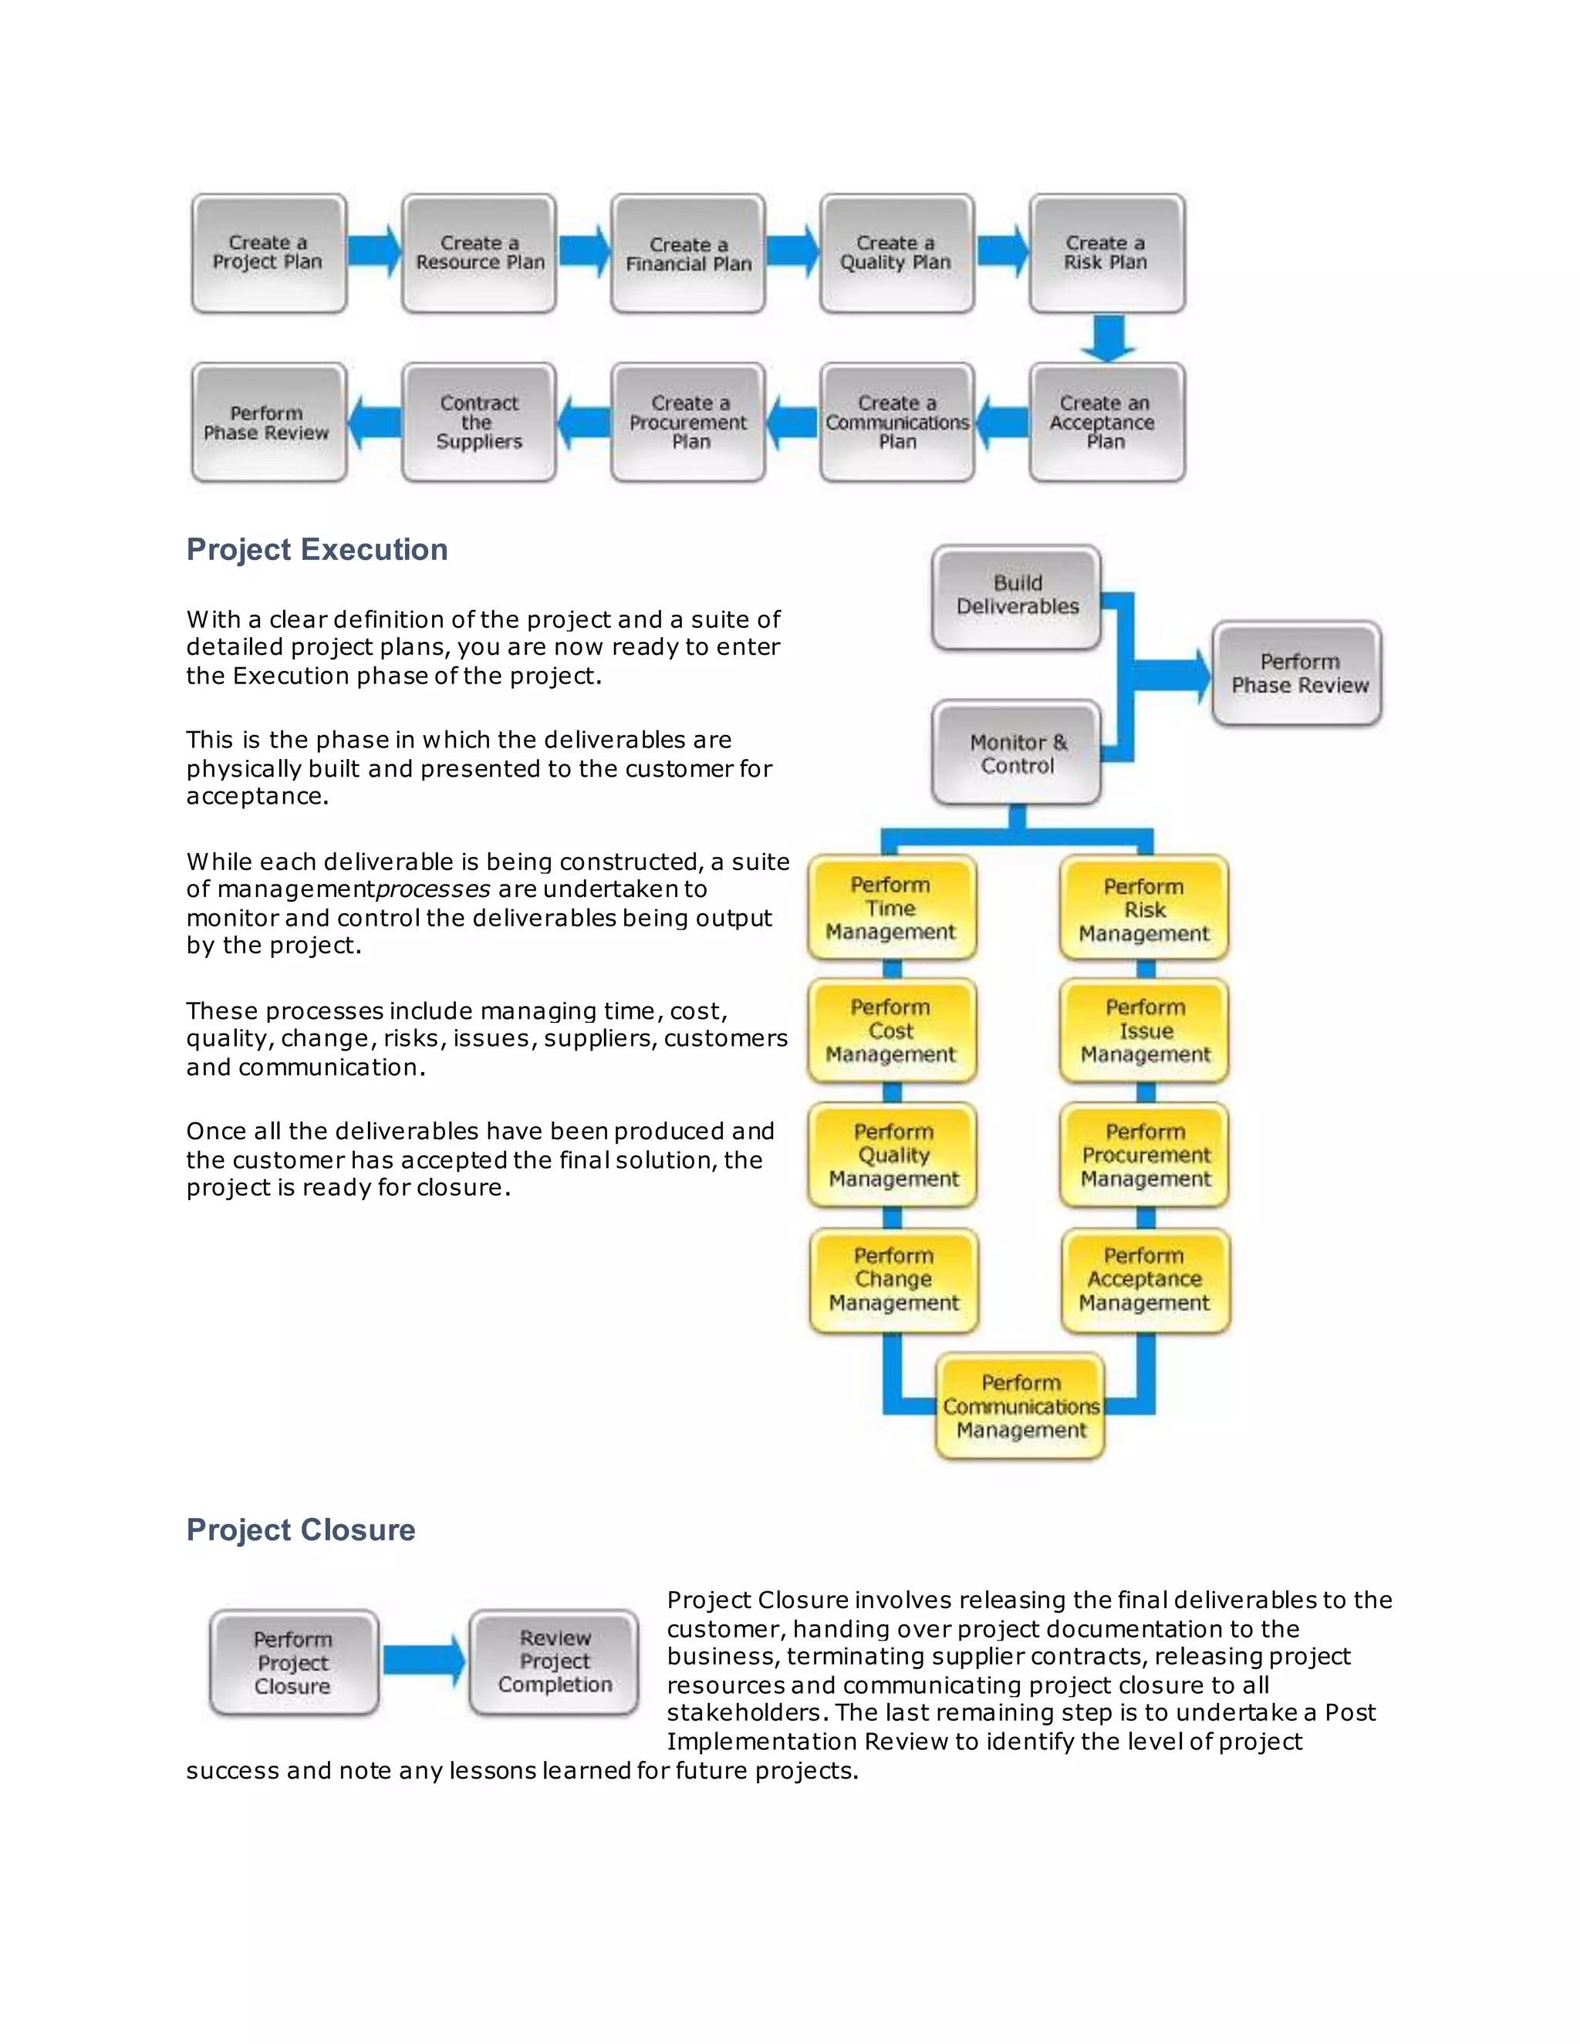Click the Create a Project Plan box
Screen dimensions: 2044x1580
pos(268,254)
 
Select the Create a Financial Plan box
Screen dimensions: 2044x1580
pos(688,254)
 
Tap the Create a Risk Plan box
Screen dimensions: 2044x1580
pos(1106,254)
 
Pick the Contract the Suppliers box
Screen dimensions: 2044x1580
pos(478,423)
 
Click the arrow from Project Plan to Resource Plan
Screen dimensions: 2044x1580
pos(374,251)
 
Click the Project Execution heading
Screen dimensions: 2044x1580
pos(316,549)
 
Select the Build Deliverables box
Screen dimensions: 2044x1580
pos(1017,596)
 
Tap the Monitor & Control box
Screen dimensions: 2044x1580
pos(1017,754)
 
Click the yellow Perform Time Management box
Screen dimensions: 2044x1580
pos(891,908)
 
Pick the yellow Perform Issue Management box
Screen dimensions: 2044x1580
pos(1144,1031)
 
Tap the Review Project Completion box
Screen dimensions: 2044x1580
pos(554,1661)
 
